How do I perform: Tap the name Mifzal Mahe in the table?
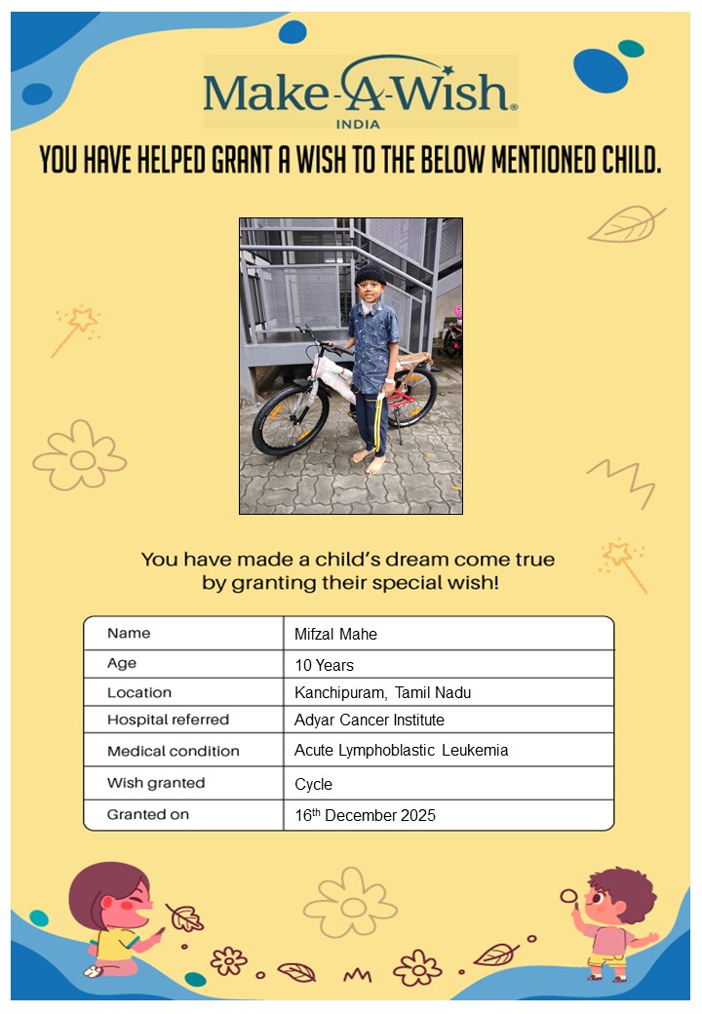click(x=335, y=635)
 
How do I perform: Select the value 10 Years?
click(x=324, y=666)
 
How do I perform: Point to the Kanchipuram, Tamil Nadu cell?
click(x=382, y=693)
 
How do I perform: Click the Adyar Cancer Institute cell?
click(x=369, y=721)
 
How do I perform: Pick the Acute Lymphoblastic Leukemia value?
click(x=401, y=751)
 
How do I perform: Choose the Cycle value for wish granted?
click(x=313, y=785)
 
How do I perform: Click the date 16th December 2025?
click(x=365, y=815)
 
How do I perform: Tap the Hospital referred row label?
click(x=168, y=721)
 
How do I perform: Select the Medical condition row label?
click(x=173, y=752)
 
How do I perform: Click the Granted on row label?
click(x=148, y=814)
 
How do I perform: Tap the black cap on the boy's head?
click(x=370, y=274)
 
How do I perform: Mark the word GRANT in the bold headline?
click(x=243, y=160)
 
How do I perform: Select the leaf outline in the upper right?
click(x=625, y=224)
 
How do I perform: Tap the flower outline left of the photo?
click(x=80, y=455)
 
